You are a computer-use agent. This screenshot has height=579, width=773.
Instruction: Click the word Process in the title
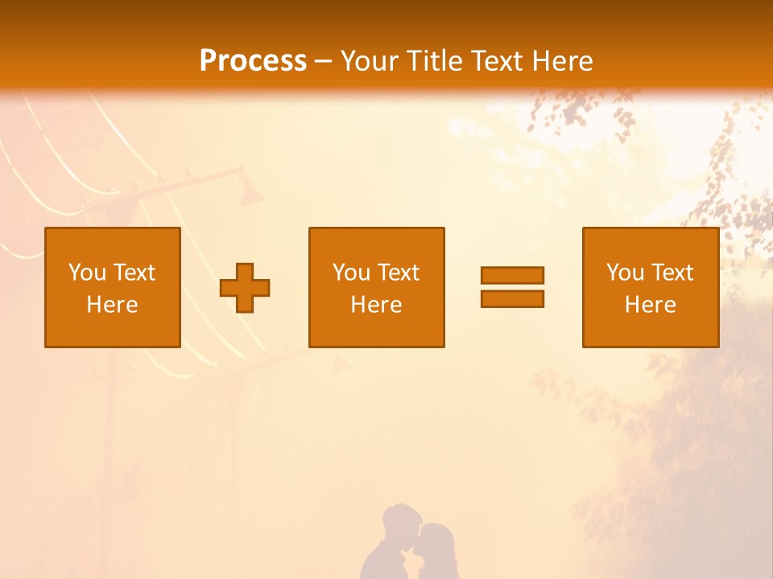pos(253,61)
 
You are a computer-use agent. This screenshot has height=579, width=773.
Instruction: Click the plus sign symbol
pos(245,288)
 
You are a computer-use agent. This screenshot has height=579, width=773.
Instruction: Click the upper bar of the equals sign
pos(512,275)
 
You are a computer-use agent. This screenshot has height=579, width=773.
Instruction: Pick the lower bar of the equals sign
pos(512,298)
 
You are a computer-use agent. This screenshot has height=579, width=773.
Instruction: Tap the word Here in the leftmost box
pos(112,305)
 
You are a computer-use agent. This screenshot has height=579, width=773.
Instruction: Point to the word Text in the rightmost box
pos(672,273)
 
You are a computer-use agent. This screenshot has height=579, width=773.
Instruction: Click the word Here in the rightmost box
pos(650,305)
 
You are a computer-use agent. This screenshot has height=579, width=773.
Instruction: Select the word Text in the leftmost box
pos(133,273)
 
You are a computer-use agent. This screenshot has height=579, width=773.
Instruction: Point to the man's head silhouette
pos(401,523)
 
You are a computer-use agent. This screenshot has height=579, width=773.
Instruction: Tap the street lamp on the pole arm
pos(251,193)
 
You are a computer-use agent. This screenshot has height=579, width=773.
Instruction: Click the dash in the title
pos(323,61)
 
